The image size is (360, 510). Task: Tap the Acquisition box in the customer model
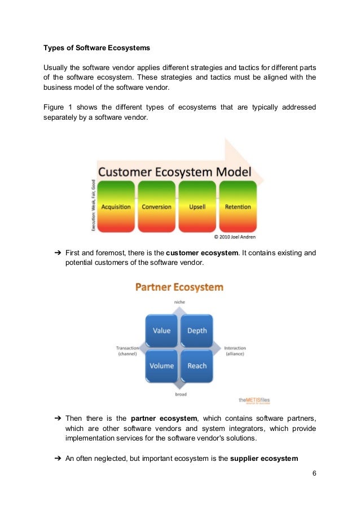(x=116, y=207)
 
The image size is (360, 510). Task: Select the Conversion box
(x=156, y=207)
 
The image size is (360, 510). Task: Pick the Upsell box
(x=197, y=207)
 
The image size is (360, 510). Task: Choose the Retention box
(x=238, y=207)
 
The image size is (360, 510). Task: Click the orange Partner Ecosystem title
(x=179, y=287)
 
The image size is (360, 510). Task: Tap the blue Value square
(x=161, y=330)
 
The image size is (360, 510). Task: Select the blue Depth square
(x=197, y=330)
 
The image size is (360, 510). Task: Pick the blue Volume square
(x=161, y=365)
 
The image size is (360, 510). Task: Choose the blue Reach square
(x=197, y=365)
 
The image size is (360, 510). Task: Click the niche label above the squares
(x=179, y=303)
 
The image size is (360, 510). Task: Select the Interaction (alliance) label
(x=235, y=351)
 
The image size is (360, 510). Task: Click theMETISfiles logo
(x=254, y=400)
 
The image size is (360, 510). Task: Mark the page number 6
(x=314, y=473)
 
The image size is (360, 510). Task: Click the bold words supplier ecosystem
(x=264, y=459)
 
